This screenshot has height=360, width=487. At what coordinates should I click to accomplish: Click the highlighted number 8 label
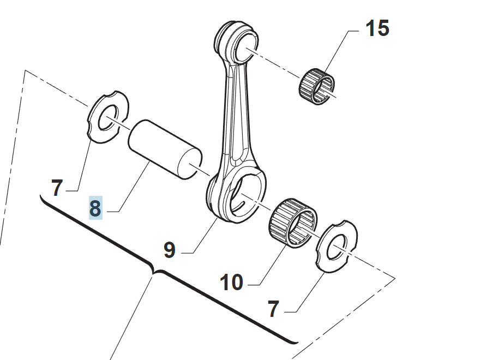pyautogui.click(x=95, y=208)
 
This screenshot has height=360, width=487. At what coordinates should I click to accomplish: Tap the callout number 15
pyautogui.click(x=377, y=28)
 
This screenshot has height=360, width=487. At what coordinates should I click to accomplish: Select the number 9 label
pyautogui.click(x=170, y=250)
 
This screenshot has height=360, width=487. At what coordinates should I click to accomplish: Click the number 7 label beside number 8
pyautogui.click(x=57, y=188)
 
